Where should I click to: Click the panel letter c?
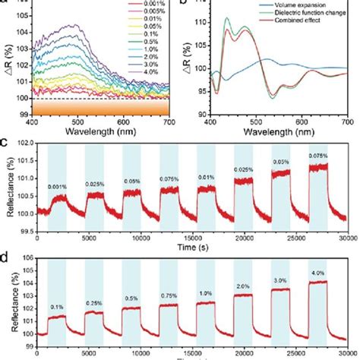[x=5, y=142]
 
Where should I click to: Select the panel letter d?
[x=5, y=258]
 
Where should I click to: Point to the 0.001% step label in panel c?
[x=58, y=186]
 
